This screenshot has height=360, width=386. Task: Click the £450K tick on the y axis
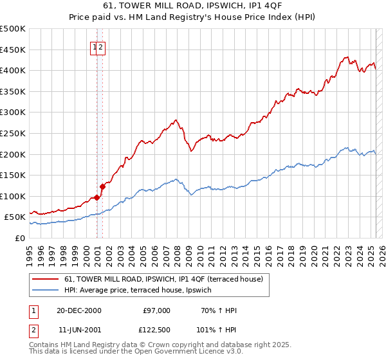pyautogui.click(x=14, y=50)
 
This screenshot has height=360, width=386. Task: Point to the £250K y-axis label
pyautogui.click(x=14, y=133)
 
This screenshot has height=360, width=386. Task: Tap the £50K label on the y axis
pyautogui.click(x=16, y=217)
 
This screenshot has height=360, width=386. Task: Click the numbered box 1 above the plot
pyautogui.click(x=95, y=46)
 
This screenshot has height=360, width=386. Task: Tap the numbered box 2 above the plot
pyautogui.click(x=102, y=46)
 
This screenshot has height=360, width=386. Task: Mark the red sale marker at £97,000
pyautogui.click(x=96, y=197)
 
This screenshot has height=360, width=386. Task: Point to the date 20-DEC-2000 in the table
pyautogui.click(x=79, y=310)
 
